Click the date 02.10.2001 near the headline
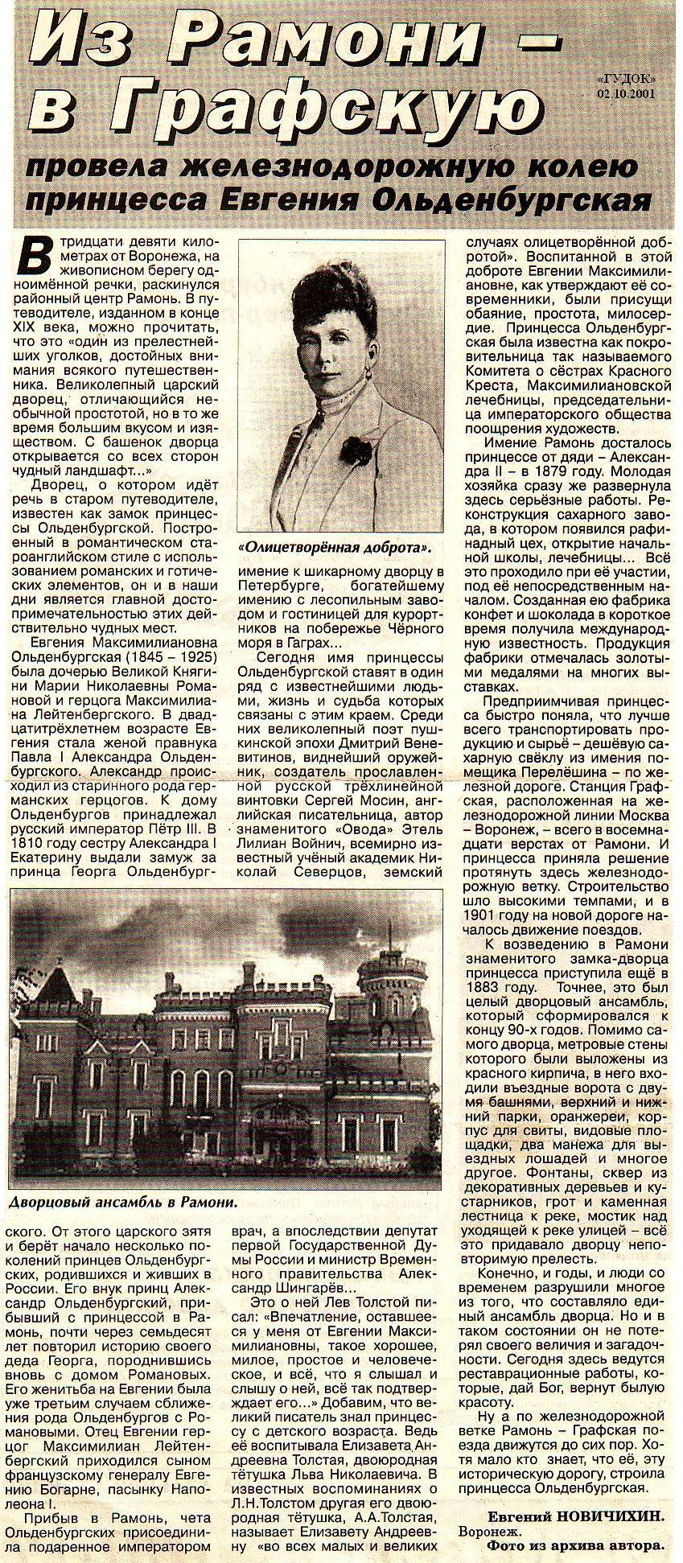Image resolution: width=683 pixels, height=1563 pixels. (626, 92)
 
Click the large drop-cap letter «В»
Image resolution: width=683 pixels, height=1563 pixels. (34, 257)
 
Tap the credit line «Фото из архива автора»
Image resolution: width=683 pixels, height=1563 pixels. (577, 1544)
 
